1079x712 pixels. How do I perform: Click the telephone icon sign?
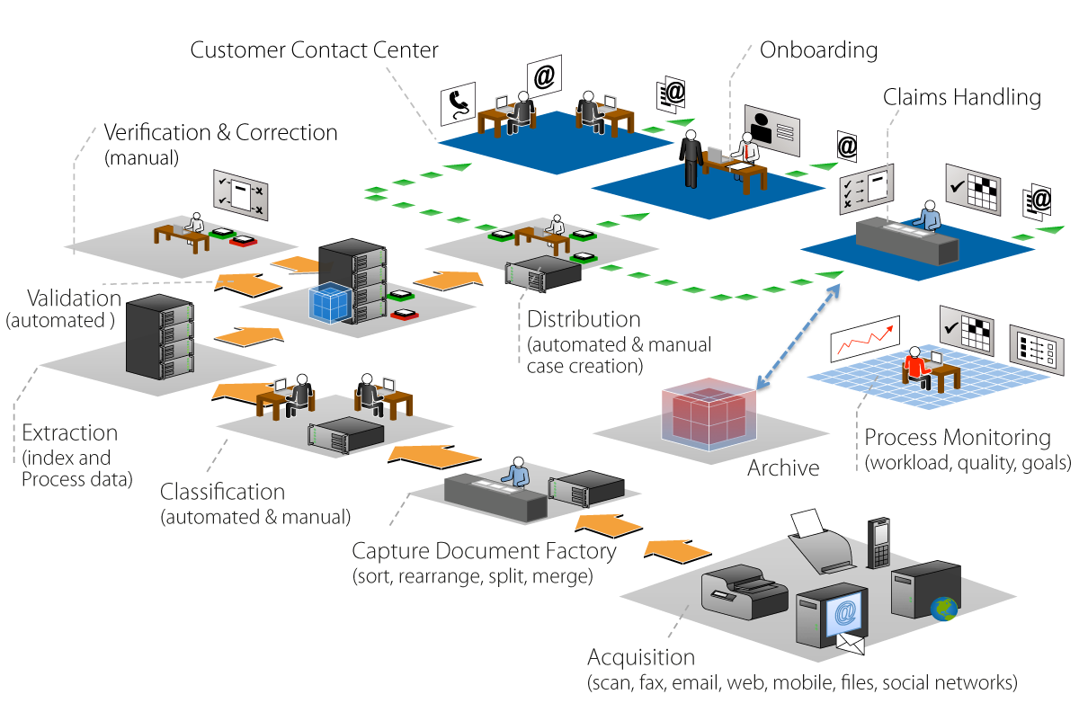458,103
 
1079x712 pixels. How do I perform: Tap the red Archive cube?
709,414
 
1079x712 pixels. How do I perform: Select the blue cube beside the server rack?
331,303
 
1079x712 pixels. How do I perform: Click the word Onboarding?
818,50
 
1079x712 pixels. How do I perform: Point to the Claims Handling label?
961,97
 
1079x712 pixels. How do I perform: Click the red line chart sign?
865,338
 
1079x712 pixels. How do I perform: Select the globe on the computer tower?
943,609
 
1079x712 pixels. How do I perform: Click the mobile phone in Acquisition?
878,543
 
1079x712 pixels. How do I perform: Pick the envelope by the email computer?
851,644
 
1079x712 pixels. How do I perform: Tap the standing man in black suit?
691,158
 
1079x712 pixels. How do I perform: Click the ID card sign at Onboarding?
772,130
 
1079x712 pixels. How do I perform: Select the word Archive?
783,467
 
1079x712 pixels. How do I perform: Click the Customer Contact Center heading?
314,50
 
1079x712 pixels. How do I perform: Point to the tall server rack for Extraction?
160,337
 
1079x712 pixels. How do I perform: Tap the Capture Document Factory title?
484,552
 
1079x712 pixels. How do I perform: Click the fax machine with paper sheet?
821,541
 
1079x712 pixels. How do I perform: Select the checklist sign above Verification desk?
240,195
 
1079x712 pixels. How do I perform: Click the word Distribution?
584,319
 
